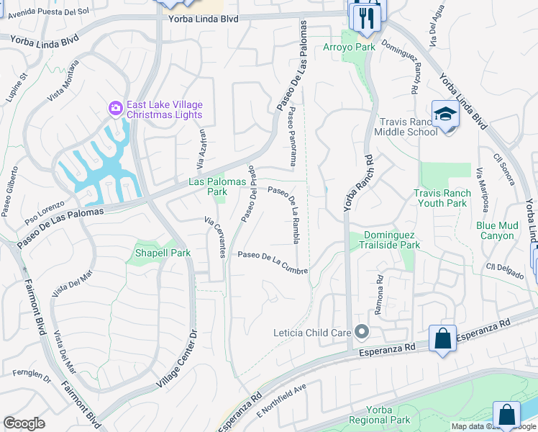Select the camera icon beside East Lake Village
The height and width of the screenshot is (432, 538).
click(x=115, y=108)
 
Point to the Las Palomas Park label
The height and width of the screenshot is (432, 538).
click(x=208, y=186)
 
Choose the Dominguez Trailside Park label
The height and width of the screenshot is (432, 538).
click(x=391, y=240)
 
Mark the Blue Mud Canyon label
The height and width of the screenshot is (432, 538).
click(x=496, y=230)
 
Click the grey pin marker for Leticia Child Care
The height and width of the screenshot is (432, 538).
click(x=361, y=332)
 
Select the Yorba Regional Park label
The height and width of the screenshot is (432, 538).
click(x=379, y=415)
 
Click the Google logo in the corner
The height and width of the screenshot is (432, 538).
click(x=24, y=423)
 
